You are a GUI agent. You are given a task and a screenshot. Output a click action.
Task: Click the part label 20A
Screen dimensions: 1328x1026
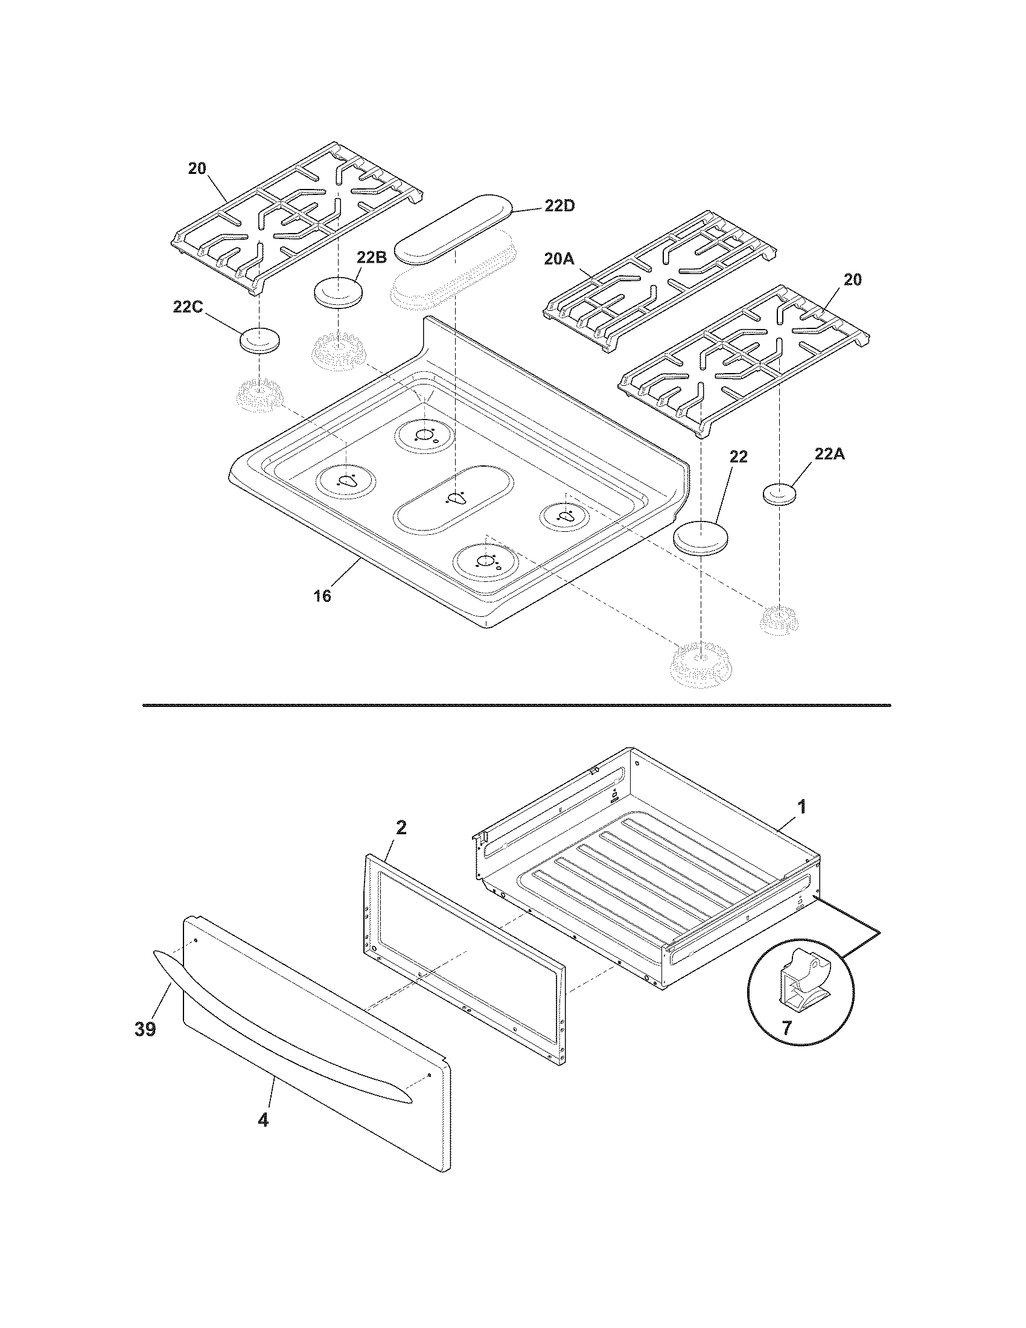pyautogui.click(x=559, y=260)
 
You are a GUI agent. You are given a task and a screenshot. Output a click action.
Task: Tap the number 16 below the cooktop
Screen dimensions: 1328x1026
pyautogui.click(x=322, y=596)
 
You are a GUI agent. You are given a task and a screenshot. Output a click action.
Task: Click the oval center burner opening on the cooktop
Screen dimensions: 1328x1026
pyautogui.click(x=453, y=499)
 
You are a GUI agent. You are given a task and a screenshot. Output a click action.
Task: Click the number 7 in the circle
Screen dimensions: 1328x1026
pyautogui.click(x=786, y=1027)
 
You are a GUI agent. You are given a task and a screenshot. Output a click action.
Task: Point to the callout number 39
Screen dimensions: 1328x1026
pyautogui.click(x=145, y=1029)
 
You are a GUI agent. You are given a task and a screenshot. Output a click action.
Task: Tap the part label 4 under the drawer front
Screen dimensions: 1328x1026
pyautogui.click(x=263, y=1119)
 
